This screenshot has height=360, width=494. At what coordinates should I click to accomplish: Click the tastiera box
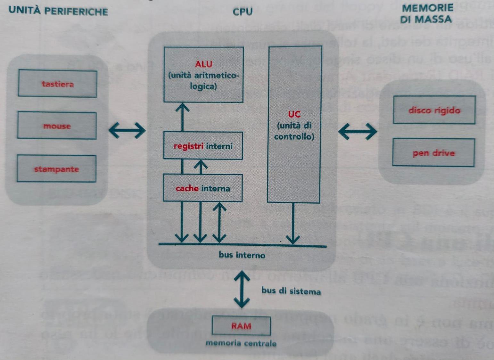coord(58,84)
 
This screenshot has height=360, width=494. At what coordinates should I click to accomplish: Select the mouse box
coord(57,126)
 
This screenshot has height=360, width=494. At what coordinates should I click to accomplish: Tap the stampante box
coord(57,169)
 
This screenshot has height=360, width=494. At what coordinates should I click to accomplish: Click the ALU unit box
coord(203,75)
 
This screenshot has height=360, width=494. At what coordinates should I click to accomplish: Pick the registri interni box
coord(203,146)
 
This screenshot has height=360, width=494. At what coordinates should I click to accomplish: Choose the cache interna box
coord(203,188)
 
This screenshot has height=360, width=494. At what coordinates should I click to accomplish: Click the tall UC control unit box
coord(294,125)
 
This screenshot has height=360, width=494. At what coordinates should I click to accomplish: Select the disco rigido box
coord(434,110)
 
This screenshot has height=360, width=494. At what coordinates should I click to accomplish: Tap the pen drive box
coord(433,153)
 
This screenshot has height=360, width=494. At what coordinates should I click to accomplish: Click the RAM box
coord(241,326)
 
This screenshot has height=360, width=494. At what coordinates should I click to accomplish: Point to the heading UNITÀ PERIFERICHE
coord(58,11)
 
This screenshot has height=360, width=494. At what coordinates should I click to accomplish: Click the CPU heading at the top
coord(243,12)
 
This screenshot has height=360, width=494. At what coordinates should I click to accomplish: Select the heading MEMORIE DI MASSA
coord(427,13)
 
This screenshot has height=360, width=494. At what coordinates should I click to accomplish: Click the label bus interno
coord(242,255)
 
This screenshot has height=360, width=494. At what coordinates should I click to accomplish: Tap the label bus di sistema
coord(291,291)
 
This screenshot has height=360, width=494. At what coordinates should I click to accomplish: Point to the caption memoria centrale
coord(241,343)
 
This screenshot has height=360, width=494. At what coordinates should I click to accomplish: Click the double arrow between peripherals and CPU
coord(127,130)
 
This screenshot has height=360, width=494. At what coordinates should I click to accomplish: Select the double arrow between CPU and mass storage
coord(357,131)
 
